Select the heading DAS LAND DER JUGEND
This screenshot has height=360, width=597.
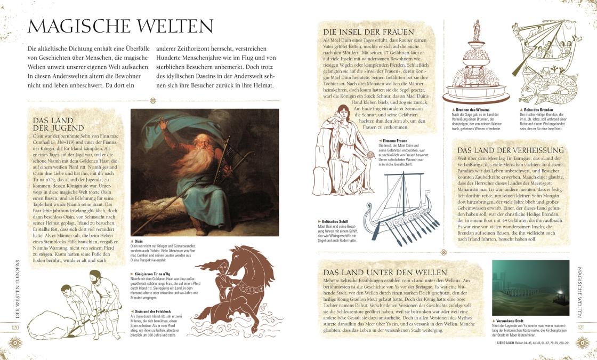pos(59,124)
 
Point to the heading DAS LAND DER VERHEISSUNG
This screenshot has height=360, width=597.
pos(511,150)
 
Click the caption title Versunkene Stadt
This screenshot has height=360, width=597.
pos(511,321)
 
